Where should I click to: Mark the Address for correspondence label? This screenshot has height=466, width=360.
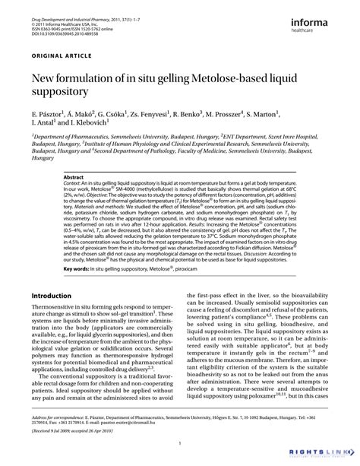[60, 418]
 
